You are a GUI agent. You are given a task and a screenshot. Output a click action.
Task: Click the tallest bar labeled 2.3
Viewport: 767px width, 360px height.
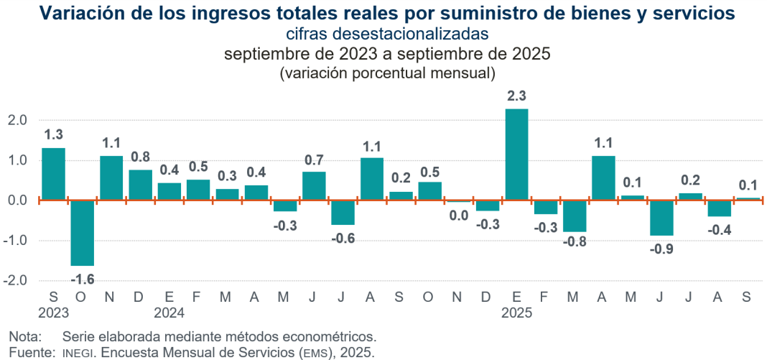click(516, 154)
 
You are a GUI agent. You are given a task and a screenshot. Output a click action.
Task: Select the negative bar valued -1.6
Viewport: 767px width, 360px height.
click(82, 233)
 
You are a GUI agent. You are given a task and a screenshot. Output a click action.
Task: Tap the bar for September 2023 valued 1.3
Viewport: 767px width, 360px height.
click(53, 174)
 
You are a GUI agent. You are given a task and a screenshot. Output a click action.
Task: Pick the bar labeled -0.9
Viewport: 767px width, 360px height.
click(661, 218)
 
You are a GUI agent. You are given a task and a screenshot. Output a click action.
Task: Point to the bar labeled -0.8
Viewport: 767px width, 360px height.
click(575, 216)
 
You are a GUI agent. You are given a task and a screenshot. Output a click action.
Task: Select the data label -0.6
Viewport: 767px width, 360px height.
click(343, 239)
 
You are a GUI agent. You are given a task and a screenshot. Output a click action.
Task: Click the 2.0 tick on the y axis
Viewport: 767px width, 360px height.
click(17, 120)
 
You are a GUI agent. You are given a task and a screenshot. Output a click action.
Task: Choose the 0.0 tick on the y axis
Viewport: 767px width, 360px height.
click(17, 200)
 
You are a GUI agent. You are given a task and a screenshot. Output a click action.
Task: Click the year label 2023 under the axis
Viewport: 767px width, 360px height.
click(54, 313)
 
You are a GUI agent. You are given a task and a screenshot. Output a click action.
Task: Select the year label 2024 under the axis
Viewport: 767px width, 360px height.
click(169, 313)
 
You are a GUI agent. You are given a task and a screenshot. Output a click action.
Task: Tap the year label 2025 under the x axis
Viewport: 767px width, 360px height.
click(517, 313)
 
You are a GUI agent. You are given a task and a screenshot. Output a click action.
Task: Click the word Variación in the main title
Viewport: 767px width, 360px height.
click(75, 13)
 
